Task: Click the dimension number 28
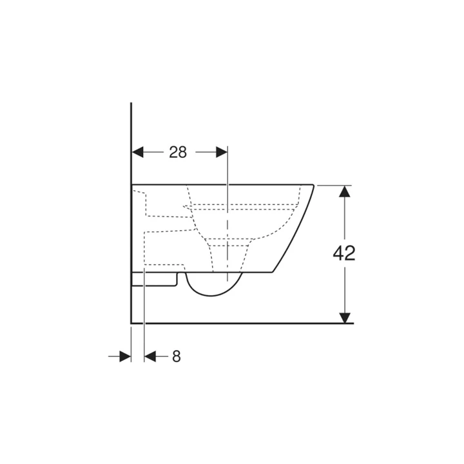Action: coord(178,152)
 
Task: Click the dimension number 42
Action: coord(344,253)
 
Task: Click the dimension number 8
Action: coord(177,356)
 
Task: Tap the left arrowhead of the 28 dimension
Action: coord(137,152)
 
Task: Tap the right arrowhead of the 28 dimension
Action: coord(222,152)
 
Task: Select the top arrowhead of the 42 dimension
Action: coord(345,191)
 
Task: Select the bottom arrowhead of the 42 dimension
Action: coord(345,317)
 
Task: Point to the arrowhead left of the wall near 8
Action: coord(126,356)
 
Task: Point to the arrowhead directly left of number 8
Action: coord(150,356)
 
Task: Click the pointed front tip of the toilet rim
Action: coord(313,185)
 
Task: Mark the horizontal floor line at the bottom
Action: coord(258,322)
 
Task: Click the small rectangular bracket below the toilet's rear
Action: coord(155,279)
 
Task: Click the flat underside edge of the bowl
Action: coord(258,272)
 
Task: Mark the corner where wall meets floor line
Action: coord(131,322)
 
